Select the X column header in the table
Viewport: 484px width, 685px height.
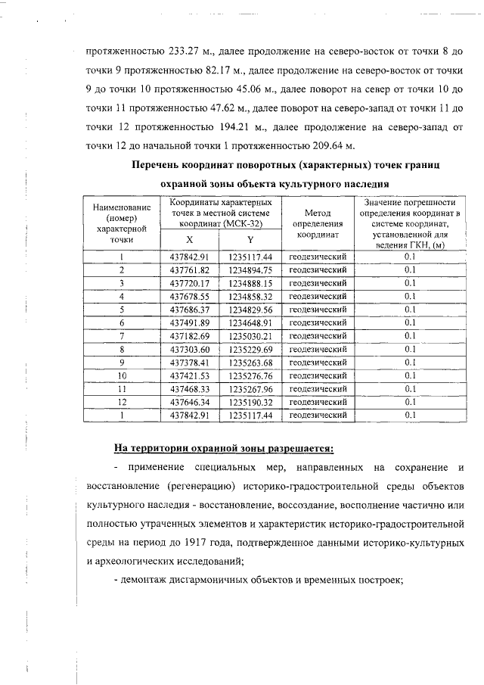coord(190,238)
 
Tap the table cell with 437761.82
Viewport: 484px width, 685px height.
coord(190,269)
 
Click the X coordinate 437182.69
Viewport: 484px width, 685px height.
coord(190,336)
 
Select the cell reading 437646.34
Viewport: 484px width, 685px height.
coord(190,402)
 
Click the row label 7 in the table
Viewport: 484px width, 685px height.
coord(121,336)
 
